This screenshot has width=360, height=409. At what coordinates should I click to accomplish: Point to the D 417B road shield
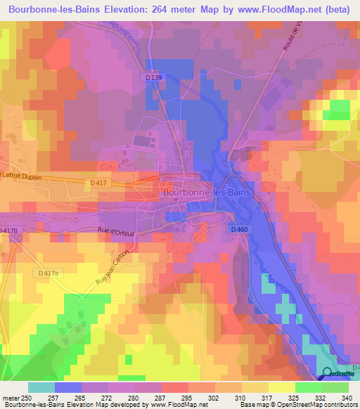8,231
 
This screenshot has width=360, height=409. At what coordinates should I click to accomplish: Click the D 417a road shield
49,273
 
